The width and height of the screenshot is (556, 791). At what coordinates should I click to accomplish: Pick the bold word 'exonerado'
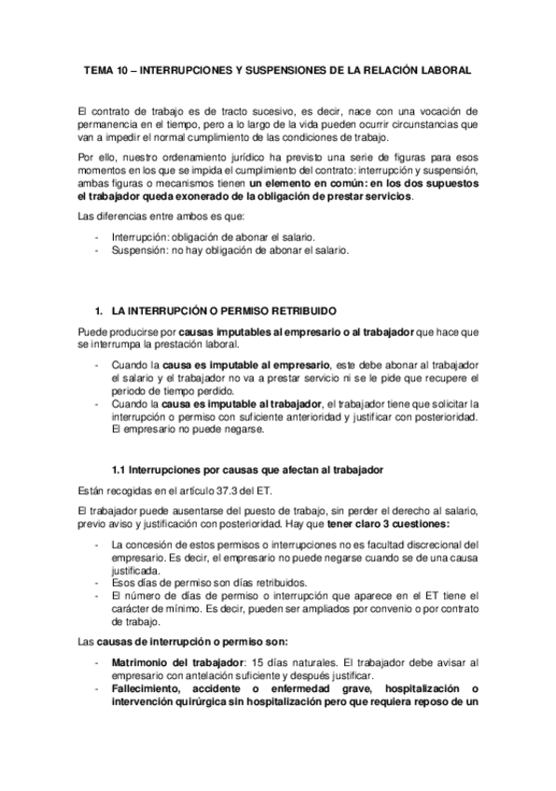230,197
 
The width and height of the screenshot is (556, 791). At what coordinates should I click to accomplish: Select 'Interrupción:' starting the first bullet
140,238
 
